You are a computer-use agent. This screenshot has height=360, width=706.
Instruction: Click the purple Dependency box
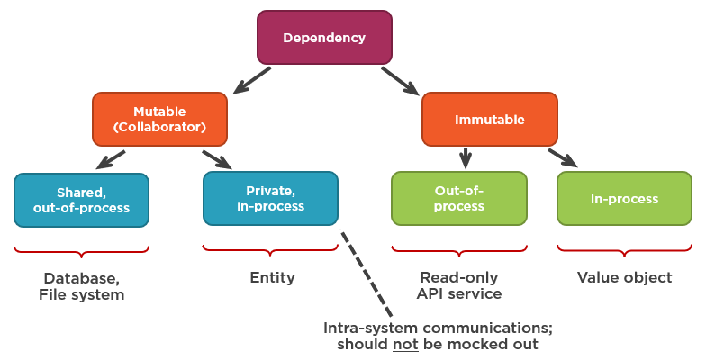[x=324, y=38]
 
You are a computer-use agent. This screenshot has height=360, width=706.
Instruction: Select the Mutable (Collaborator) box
[x=159, y=119]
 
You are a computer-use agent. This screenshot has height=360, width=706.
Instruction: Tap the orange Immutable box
[x=490, y=119]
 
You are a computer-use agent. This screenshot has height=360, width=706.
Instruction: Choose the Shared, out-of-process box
[x=81, y=200]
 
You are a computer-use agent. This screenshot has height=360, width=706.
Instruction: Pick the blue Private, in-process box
[x=270, y=199]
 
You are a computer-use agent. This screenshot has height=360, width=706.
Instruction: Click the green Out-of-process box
[x=458, y=199]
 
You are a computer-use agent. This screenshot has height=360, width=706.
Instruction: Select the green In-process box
[x=624, y=199]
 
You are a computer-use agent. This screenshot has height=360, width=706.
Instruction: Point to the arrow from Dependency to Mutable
[x=252, y=79]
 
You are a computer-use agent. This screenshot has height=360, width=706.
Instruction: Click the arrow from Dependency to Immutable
[x=400, y=80]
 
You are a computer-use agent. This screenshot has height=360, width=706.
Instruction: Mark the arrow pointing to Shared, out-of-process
[x=111, y=160]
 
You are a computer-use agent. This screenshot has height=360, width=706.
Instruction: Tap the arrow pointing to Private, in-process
[x=217, y=159]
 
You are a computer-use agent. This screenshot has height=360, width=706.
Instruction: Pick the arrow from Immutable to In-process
[x=563, y=157]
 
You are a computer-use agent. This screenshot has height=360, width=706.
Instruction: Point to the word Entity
[x=272, y=278]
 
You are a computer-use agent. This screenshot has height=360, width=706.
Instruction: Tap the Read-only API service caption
[x=458, y=286]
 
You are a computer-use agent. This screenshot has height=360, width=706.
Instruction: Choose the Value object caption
[x=624, y=278]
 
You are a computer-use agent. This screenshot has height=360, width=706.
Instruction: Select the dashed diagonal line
[x=367, y=274]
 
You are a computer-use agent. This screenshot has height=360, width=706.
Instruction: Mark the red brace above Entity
[x=270, y=248]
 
